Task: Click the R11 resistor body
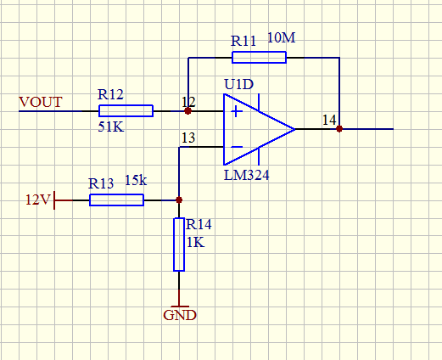(259, 58)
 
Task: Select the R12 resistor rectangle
(126, 111)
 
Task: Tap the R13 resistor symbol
(116, 200)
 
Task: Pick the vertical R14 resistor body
(179, 245)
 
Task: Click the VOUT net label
(41, 102)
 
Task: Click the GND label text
(180, 315)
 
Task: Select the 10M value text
(281, 37)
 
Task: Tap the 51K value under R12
(111, 127)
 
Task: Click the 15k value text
(136, 180)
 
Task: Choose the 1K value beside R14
(195, 243)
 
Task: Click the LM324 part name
(246, 176)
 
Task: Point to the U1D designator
(238, 84)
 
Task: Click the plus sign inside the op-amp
(237, 111)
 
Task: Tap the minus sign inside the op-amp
(237, 147)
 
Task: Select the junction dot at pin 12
(187, 111)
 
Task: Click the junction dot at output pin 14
(339, 129)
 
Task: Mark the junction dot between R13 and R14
(179, 200)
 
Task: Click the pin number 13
(188, 138)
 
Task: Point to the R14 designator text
(199, 224)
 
